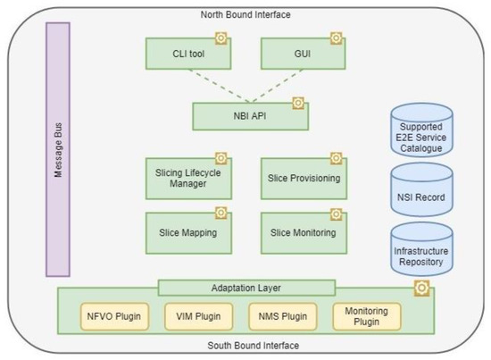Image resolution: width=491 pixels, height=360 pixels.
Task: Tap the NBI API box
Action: coord(250,115)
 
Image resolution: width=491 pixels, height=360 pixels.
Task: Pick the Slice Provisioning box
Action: coord(302,178)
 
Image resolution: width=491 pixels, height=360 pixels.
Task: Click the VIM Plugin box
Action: coord(194,315)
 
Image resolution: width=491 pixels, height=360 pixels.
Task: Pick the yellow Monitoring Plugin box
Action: coord(367,315)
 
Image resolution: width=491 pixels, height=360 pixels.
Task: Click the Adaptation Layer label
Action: coord(247,288)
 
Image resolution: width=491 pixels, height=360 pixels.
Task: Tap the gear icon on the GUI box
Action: coord(336,38)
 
